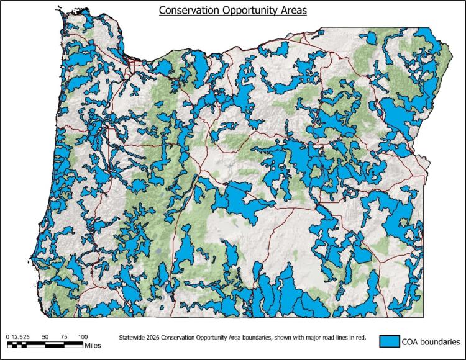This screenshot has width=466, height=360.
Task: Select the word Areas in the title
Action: (291, 11)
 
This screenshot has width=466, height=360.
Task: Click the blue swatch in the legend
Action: (390, 341)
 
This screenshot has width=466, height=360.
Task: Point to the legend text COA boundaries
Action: (431, 341)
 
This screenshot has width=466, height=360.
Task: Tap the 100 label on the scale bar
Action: (82, 336)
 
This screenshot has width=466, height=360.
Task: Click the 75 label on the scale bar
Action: (63, 336)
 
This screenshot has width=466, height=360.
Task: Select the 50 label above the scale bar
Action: (45, 336)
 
